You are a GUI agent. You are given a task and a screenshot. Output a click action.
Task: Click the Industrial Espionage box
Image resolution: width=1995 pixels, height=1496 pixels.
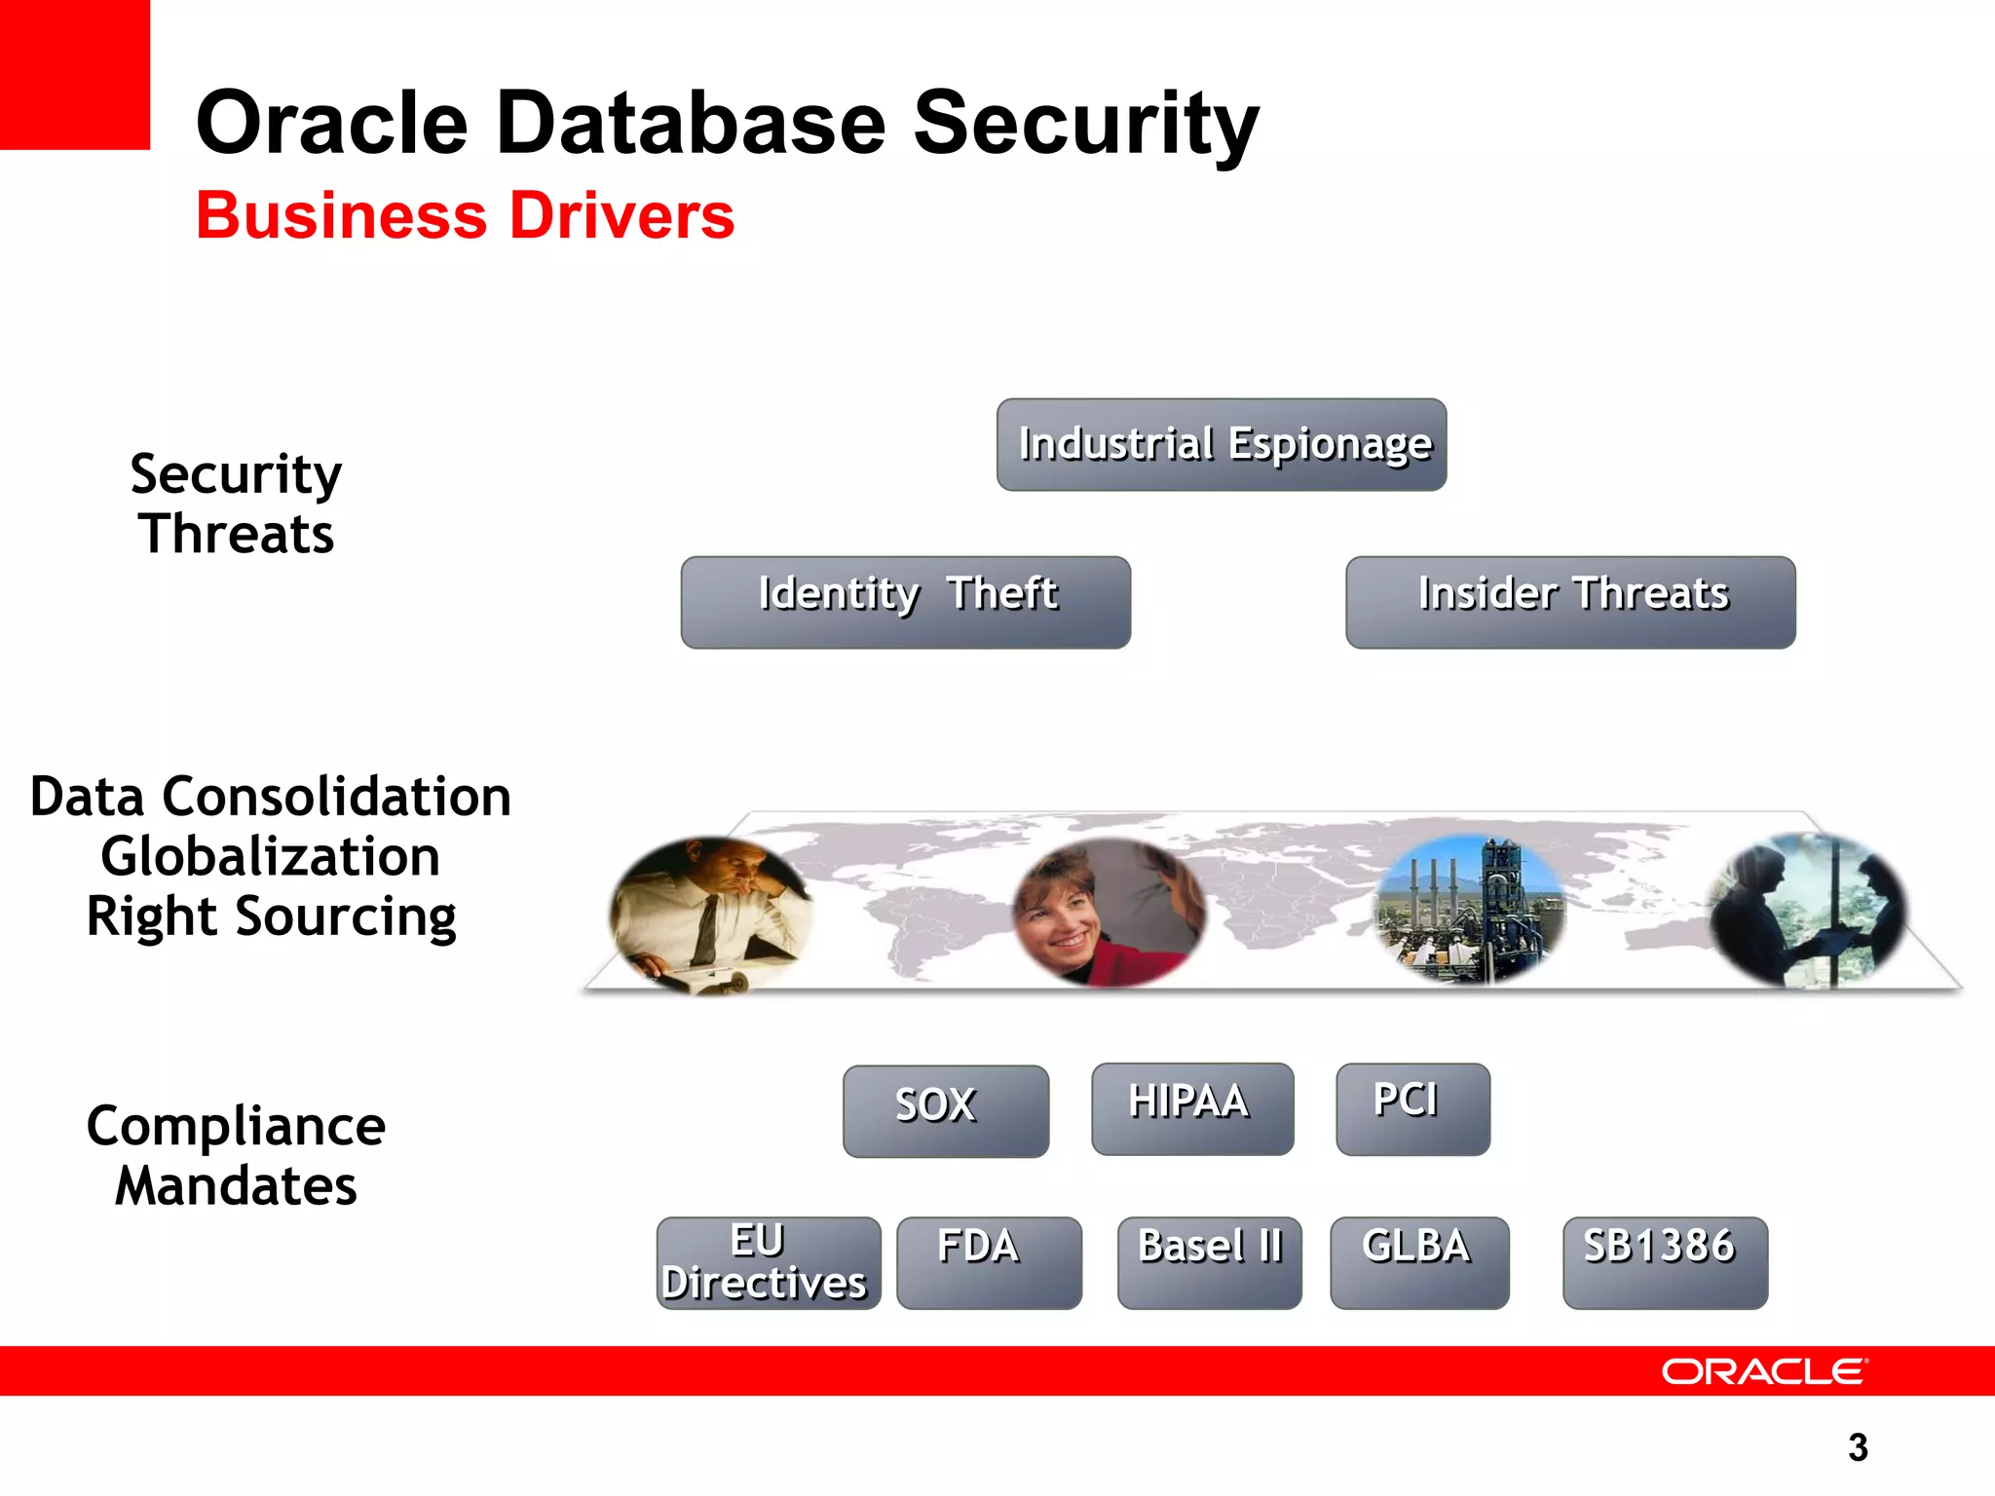[x=1222, y=444]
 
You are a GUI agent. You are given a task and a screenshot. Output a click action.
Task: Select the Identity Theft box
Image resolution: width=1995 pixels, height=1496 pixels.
[x=906, y=602]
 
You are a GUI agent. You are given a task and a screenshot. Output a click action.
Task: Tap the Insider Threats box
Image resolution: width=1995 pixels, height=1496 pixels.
[x=1570, y=602]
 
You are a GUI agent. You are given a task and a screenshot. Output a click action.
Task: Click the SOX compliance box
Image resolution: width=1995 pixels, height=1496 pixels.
[x=945, y=1110]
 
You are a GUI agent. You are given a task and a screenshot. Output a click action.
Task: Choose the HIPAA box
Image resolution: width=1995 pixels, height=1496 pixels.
[x=1192, y=1108]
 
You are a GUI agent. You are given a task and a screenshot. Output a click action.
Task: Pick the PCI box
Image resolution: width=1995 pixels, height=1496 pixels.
[x=1412, y=1108]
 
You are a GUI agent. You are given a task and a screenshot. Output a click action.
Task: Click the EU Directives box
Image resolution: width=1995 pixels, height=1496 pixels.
[x=768, y=1262]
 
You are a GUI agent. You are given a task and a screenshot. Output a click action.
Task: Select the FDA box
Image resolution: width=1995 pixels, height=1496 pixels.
[x=988, y=1262]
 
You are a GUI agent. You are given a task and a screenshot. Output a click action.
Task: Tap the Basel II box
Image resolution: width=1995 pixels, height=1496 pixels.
[x=1209, y=1262]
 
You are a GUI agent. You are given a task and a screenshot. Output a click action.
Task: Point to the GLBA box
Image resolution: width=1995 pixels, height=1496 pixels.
[x=1419, y=1262]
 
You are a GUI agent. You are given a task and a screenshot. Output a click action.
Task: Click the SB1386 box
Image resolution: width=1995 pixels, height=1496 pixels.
[x=1665, y=1262]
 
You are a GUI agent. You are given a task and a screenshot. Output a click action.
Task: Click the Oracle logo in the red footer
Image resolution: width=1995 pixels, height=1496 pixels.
[x=1763, y=1371]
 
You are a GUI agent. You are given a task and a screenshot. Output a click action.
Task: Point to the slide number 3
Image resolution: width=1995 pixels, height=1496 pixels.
[x=1858, y=1447]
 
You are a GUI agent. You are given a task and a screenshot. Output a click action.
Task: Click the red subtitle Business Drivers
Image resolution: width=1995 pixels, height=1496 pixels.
[x=466, y=215]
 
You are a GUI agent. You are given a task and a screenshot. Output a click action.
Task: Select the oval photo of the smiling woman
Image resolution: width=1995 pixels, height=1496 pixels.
[x=1109, y=912]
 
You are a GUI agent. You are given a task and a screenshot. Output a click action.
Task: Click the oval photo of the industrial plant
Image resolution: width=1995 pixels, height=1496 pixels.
[x=1469, y=908]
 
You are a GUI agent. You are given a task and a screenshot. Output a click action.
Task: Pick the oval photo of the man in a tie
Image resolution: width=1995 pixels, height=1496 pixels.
[x=710, y=914]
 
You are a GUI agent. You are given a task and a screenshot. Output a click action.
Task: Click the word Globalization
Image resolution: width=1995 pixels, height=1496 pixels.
[x=270, y=856]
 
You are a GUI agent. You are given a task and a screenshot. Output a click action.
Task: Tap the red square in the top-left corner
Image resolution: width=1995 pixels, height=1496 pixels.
[x=74, y=74]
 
